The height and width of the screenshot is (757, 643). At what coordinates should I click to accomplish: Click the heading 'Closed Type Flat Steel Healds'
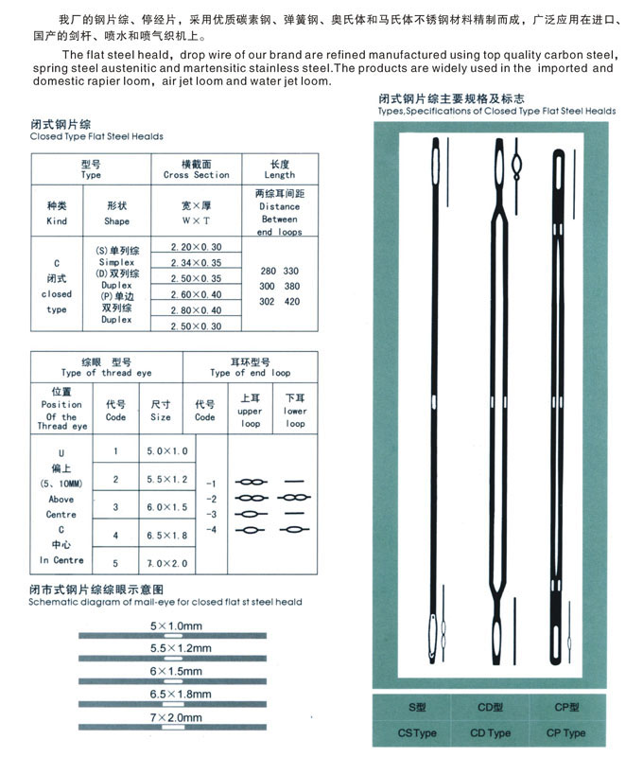coord(96,136)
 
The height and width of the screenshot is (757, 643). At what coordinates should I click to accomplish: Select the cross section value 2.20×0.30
coord(196,246)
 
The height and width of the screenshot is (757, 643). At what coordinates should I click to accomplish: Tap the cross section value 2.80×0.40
coord(196,310)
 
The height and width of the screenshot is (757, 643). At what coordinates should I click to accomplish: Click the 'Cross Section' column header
coord(196,175)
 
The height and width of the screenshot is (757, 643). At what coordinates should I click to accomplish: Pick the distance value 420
coord(291,301)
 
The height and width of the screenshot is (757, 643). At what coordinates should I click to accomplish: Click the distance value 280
coord(268,271)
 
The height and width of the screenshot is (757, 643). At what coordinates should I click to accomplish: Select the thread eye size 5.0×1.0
coord(167,451)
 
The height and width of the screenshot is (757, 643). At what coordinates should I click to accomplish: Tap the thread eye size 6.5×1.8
coord(167,536)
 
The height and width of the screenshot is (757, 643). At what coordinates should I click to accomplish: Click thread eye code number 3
coord(115,508)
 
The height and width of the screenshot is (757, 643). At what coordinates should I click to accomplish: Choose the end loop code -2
coord(212,499)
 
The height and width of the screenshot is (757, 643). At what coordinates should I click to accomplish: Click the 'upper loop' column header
coord(250,417)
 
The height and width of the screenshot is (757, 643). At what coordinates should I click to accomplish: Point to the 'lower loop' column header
coord(295,417)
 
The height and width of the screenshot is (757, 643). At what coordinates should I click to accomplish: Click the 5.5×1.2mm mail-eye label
coord(181,648)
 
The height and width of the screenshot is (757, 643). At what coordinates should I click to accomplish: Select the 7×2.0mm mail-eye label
coord(181,718)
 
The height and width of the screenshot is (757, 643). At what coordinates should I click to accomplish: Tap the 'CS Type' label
coord(416,732)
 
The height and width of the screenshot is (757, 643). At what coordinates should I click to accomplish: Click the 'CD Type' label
coord(490,732)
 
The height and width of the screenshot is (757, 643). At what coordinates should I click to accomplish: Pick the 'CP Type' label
coord(565,732)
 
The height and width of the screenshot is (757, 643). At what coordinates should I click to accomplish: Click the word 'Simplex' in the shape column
coord(116,262)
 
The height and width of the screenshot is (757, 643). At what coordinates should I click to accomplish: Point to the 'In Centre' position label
coord(61,560)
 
